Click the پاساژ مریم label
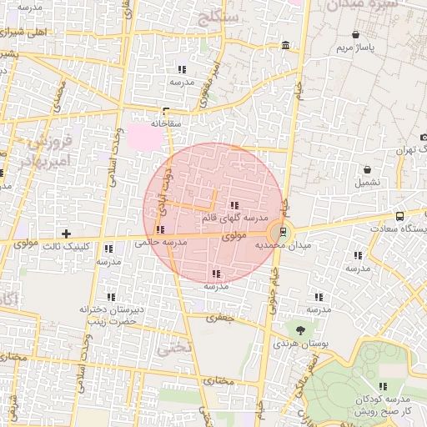(357, 48)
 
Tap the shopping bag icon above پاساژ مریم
(357, 35)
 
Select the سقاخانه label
(166, 123)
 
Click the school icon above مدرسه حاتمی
(160, 229)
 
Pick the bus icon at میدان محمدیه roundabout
(284, 232)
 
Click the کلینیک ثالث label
(67, 246)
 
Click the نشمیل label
(368, 181)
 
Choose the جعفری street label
(223, 317)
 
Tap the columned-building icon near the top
(286, 44)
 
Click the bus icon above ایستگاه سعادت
(400, 215)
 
